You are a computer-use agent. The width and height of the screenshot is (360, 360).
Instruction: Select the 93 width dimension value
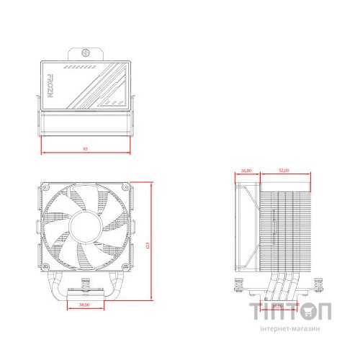(x=86, y=149)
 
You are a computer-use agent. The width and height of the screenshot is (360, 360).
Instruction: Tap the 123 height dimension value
(x=147, y=246)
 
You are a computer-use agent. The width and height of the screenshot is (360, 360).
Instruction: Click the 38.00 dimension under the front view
(x=85, y=306)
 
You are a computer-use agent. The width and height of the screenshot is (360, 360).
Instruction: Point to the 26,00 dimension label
(x=246, y=171)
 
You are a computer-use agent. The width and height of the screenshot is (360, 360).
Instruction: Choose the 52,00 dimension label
(x=283, y=171)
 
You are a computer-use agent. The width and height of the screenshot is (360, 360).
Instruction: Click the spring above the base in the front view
(x=84, y=284)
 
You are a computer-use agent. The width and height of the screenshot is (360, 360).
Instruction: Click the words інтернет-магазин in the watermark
(x=292, y=328)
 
